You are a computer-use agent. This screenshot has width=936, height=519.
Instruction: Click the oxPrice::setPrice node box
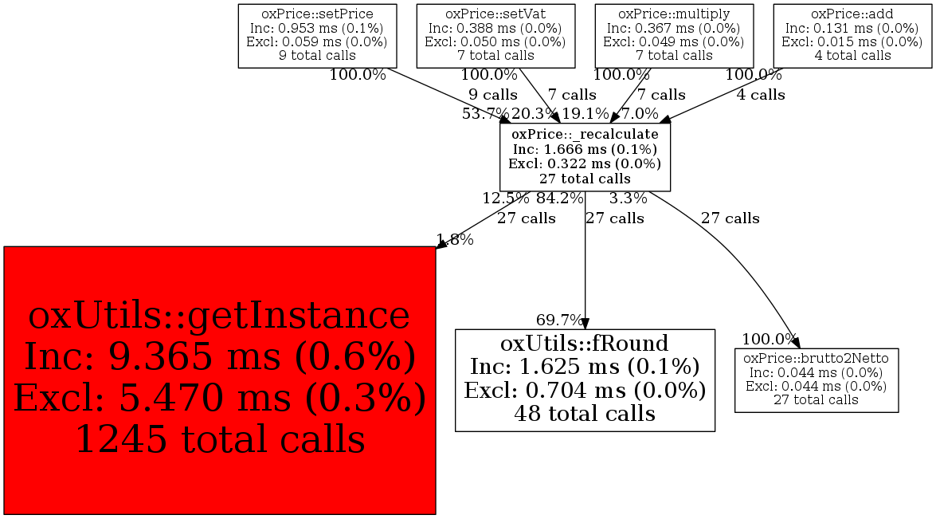click(317, 35)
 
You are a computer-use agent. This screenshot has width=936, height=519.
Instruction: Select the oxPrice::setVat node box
click(495, 35)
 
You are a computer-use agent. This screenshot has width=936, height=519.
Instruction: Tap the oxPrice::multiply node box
click(674, 35)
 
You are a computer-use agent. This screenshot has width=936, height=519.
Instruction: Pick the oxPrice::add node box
click(852, 35)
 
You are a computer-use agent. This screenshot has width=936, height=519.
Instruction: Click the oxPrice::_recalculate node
click(585, 157)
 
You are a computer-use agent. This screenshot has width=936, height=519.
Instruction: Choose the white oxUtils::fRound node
click(585, 379)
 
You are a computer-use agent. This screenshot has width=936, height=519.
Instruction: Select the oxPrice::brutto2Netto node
click(817, 379)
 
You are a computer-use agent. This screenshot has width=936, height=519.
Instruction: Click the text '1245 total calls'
click(220, 438)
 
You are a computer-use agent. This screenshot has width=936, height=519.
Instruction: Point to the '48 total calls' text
click(585, 414)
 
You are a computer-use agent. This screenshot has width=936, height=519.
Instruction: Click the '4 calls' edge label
click(761, 95)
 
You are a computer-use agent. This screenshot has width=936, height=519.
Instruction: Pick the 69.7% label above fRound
click(559, 320)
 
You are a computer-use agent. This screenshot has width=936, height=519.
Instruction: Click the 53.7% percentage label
click(485, 113)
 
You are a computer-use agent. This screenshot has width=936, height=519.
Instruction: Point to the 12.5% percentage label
click(505, 199)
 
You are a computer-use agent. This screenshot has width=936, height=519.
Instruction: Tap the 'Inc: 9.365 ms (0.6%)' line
click(220, 356)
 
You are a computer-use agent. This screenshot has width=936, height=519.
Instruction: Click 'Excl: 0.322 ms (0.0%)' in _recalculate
click(585, 164)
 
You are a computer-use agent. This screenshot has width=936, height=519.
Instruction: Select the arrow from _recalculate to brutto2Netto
click(733, 255)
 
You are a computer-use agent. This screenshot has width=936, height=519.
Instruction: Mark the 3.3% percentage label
click(629, 199)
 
